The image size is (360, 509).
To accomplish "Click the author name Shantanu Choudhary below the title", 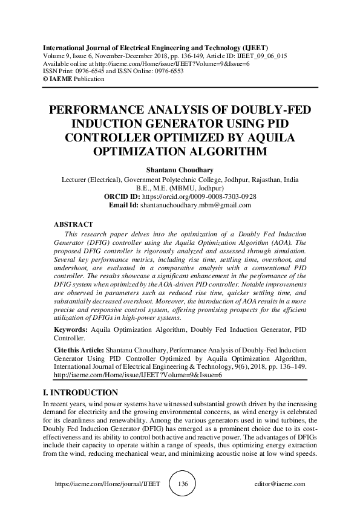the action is [x=180, y=170].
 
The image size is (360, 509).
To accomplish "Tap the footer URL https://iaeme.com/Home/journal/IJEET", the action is [x=108, y=484].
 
